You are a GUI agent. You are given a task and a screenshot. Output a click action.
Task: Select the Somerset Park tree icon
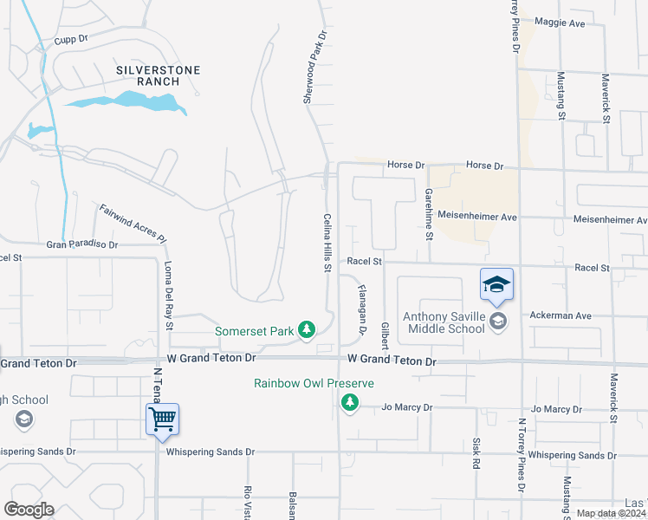click(306, 329)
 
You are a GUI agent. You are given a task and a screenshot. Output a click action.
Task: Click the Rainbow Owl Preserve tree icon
click(350, 402)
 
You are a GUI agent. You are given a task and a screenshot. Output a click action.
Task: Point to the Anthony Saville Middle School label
click(443, 322)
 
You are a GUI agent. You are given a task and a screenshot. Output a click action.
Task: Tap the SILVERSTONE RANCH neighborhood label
click(159, 75)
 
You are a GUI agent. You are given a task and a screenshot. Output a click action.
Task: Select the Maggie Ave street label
click(561, 23)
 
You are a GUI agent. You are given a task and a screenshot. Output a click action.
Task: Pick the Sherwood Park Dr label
click(314, 68)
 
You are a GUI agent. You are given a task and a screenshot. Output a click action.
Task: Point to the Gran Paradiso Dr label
click(82, 245)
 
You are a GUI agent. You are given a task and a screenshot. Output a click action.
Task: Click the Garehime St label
click(428, 213)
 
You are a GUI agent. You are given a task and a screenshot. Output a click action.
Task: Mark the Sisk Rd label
click(476, 453)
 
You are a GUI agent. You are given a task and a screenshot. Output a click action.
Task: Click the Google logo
click(29, 510)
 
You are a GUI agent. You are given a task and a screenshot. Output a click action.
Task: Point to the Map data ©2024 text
click(611, 513)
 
